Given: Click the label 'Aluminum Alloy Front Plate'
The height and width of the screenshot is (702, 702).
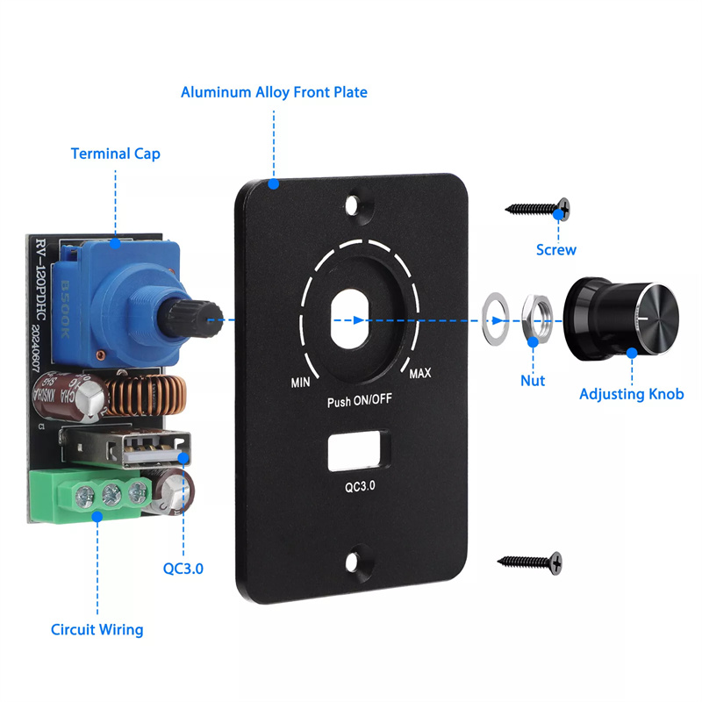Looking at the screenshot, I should pos(274,92).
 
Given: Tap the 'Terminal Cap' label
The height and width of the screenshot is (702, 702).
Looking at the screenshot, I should pos(115,154).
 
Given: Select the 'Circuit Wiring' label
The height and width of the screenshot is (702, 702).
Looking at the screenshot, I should pos(97,629).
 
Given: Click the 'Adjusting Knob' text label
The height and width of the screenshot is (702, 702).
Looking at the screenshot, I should pos(631,394).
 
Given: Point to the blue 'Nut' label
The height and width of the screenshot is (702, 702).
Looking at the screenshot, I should pos(533,380).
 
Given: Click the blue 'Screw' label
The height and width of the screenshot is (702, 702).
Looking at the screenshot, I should pos(556,250).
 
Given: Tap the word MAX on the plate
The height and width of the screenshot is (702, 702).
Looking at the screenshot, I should pos(420,375).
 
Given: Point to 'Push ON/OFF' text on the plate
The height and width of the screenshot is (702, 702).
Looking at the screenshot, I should pos(358,403).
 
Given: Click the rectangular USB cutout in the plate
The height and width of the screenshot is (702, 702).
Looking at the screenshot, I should pos(357,450).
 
